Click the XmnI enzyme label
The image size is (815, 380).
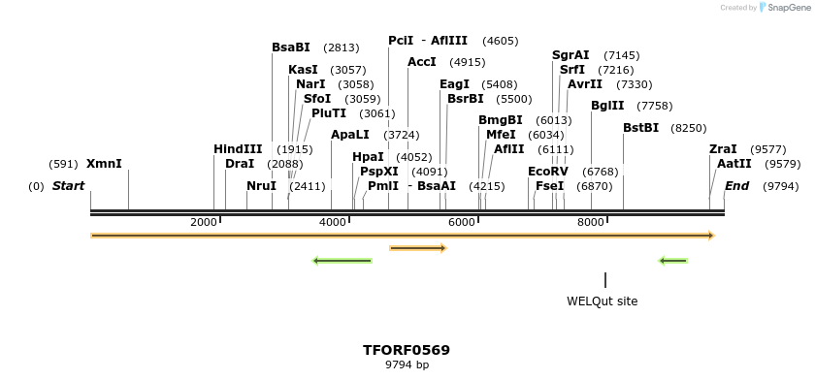click(104, 164)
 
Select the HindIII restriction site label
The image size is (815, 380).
click(238, 149)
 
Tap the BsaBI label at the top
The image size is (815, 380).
click(291, 47)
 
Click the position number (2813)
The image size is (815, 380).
click(341, 47)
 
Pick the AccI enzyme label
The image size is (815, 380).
click(422, 62)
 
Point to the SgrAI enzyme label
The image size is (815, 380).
click(570, 55)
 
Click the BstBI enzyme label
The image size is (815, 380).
click(640, 128)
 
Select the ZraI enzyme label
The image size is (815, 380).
click(723, 149)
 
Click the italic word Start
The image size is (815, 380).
click(68, 186)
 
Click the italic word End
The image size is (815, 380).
click(737, 186)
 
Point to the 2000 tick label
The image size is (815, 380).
click(204, 223)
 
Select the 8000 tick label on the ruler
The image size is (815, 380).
click(591, 223)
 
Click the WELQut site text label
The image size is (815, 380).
click(603, 301)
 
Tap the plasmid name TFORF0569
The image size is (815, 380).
click(407, 350)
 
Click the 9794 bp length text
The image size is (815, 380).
click(407, 365)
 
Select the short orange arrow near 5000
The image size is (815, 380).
click(417, 248)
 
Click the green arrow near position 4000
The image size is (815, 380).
click(342, 261)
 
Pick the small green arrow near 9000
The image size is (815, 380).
click(672, 261)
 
